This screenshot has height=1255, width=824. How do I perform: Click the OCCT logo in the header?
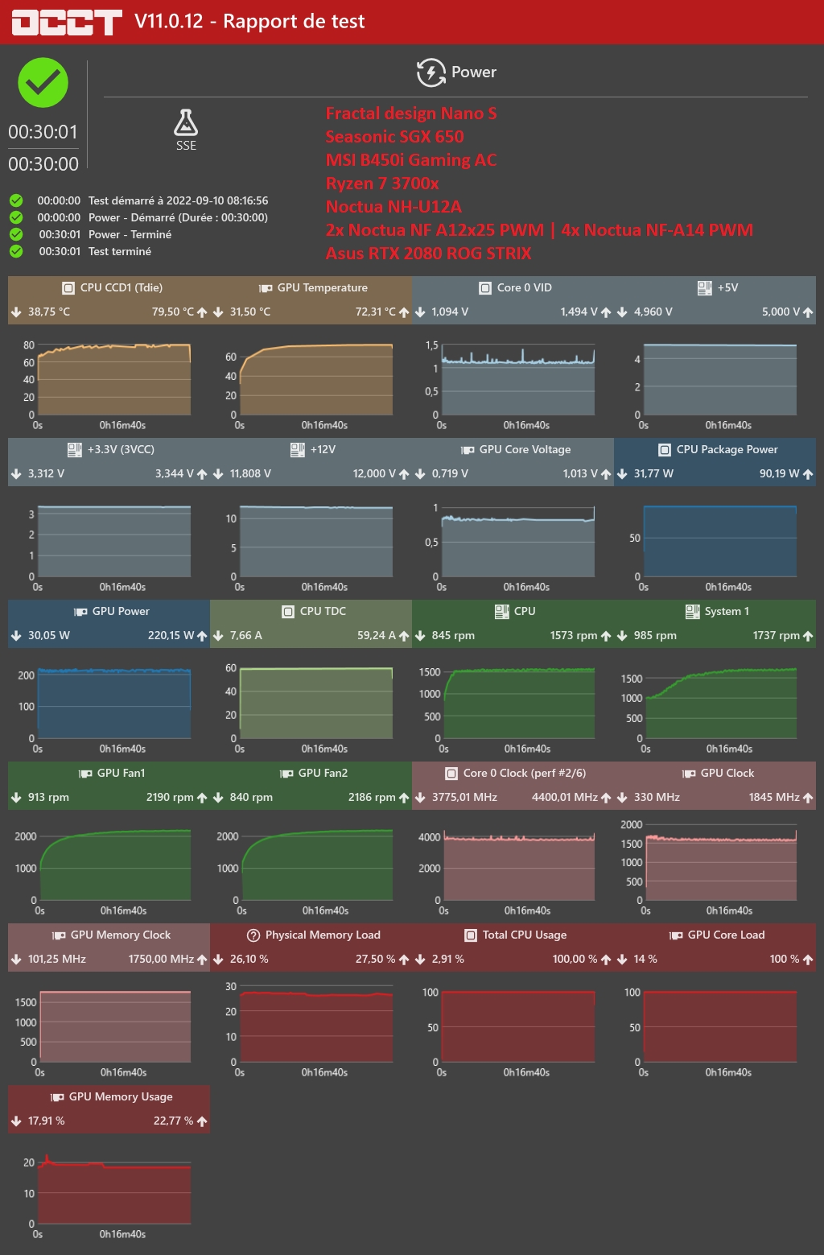pyautogui.click(x=66, y=23)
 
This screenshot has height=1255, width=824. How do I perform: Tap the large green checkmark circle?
pyautogui.click(x=43, y=83)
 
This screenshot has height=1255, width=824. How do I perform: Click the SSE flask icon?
pyautogui.click(x=186, y=123)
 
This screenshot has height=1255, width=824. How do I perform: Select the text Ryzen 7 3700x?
pyautogui.click(x=382, y=184)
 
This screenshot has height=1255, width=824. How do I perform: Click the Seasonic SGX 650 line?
pyautogui.click(x=394, y=137)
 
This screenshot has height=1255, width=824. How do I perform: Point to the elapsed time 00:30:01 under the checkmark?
pyautogui.click(x=43, y=132)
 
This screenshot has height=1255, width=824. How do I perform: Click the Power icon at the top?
pyautogui.click(x=431, y=72)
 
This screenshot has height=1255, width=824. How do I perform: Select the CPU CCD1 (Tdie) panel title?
pyautogui.click(x=121, y=287)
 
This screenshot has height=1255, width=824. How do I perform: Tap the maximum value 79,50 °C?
pyautogui.click(x=173, y=312)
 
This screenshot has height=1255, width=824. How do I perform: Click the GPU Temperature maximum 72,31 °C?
pyautogui.click(x=375, y=312)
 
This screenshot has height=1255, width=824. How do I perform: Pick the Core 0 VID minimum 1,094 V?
pyautogui.click(x=450, y=312)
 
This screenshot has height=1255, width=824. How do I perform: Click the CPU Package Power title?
pyautogui.click(x=727, y=449)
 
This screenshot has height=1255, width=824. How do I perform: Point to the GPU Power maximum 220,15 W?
pyautogui.click(x=171, y=635)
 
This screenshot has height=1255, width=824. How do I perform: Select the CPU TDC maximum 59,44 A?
pyautogui.click(x=376, y=635)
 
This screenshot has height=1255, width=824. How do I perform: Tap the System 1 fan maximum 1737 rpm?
pyautogui.click(x=776, y=635)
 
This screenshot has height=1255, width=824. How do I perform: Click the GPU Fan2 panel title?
pyautogui.click(x=323, y=773)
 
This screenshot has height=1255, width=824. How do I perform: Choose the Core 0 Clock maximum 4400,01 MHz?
pyautogui.click(x=564, y=797)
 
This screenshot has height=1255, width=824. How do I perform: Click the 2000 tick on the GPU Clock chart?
pyautogui.click(x=632, y=825)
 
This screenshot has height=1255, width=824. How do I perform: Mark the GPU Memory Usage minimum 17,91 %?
pyautogui.click(x=47, y=1121)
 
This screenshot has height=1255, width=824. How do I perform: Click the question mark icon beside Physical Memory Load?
pyautogui.click(x=253, y=935)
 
